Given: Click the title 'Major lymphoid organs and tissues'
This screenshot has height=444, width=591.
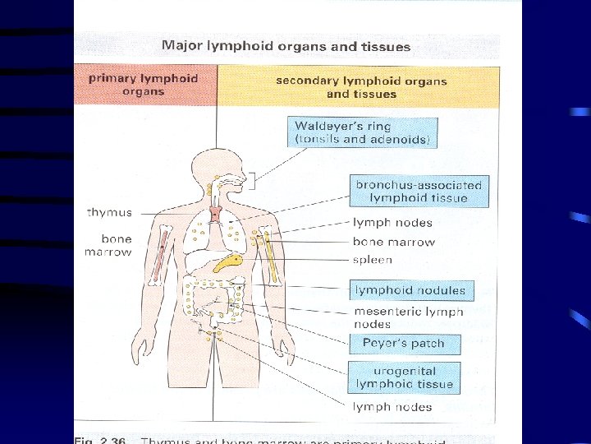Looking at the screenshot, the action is [286, 46].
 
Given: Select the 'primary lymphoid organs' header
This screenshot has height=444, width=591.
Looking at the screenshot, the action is [144, 85].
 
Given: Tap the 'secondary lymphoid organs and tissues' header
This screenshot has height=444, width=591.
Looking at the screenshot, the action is [361, 87].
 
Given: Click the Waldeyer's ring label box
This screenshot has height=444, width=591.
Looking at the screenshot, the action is [362, 132].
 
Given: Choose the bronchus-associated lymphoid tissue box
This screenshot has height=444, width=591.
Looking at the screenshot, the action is [418, 191].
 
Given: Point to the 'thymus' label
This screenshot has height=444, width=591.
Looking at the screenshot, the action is [109, 212].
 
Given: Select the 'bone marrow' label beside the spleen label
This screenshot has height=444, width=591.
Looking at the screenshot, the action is [393, 242].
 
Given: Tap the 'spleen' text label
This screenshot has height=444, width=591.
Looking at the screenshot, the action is [373, 260].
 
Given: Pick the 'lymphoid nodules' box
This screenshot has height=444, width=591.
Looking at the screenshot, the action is [410, 289].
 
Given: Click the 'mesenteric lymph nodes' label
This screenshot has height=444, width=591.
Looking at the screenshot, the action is [408, 317].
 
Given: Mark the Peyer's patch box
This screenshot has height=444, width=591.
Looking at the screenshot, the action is [402, 344].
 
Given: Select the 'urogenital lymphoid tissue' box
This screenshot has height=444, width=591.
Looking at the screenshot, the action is [404, 377].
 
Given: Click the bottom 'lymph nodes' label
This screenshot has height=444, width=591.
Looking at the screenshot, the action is [392, 407].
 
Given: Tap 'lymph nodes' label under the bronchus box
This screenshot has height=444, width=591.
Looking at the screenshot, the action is [392, 223].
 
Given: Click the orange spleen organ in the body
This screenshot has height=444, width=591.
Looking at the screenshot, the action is [227, 262].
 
